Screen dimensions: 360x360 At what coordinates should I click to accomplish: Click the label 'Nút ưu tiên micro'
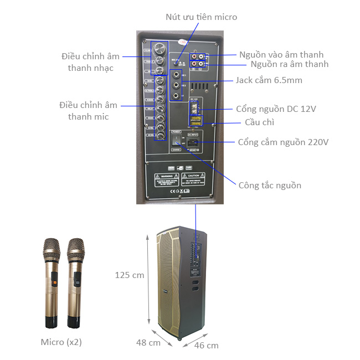click(201, 17)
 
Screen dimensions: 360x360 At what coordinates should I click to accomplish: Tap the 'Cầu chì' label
click(259, 122)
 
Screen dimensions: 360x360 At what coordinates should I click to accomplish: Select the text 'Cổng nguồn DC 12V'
click(276, 109)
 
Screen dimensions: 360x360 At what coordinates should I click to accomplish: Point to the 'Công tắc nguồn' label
click(270, 185)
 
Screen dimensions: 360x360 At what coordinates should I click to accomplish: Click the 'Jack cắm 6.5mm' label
click(269, 80)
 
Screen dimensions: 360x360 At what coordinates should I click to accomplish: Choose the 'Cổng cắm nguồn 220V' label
click(283, 142)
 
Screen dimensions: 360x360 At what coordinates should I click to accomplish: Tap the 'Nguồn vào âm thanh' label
click(281, 54)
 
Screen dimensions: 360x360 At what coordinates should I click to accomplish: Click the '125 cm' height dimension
click(130, 275)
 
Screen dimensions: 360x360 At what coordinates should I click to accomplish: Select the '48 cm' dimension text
click(148, 342)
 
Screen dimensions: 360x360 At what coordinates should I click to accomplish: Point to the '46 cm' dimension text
click(207, 346)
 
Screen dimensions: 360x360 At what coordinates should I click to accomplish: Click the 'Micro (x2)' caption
click(61, 342)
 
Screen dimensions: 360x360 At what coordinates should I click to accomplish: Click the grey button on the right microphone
click(78, 275)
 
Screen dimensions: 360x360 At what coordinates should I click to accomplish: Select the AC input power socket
click(194, 142)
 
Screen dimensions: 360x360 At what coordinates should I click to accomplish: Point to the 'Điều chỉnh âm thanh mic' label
click(89, 111)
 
